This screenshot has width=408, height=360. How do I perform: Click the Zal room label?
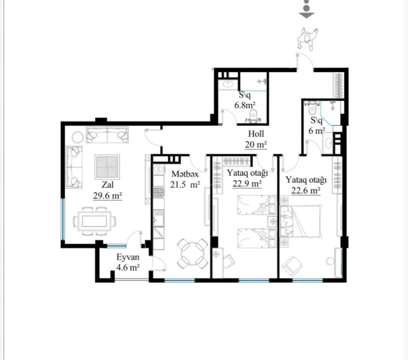click(x=107, y=184)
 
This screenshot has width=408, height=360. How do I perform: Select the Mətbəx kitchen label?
click(x=184, y=173)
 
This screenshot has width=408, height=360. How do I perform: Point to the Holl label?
click(x=256, y=134)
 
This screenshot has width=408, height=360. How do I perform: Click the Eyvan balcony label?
click(x=127, y=258)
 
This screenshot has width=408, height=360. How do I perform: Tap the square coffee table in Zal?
click(x=107, y=166)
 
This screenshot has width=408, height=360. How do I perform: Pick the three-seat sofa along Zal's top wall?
click(x=107, y=135)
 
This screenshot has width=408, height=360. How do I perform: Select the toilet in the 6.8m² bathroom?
click(x=254, y=117)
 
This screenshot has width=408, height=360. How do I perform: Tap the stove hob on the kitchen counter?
click(x=159, y=193)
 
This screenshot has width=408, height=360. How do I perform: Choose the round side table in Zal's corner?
click(x=77, y=135)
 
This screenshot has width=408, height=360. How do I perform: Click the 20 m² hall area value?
click(x=256, y=144)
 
